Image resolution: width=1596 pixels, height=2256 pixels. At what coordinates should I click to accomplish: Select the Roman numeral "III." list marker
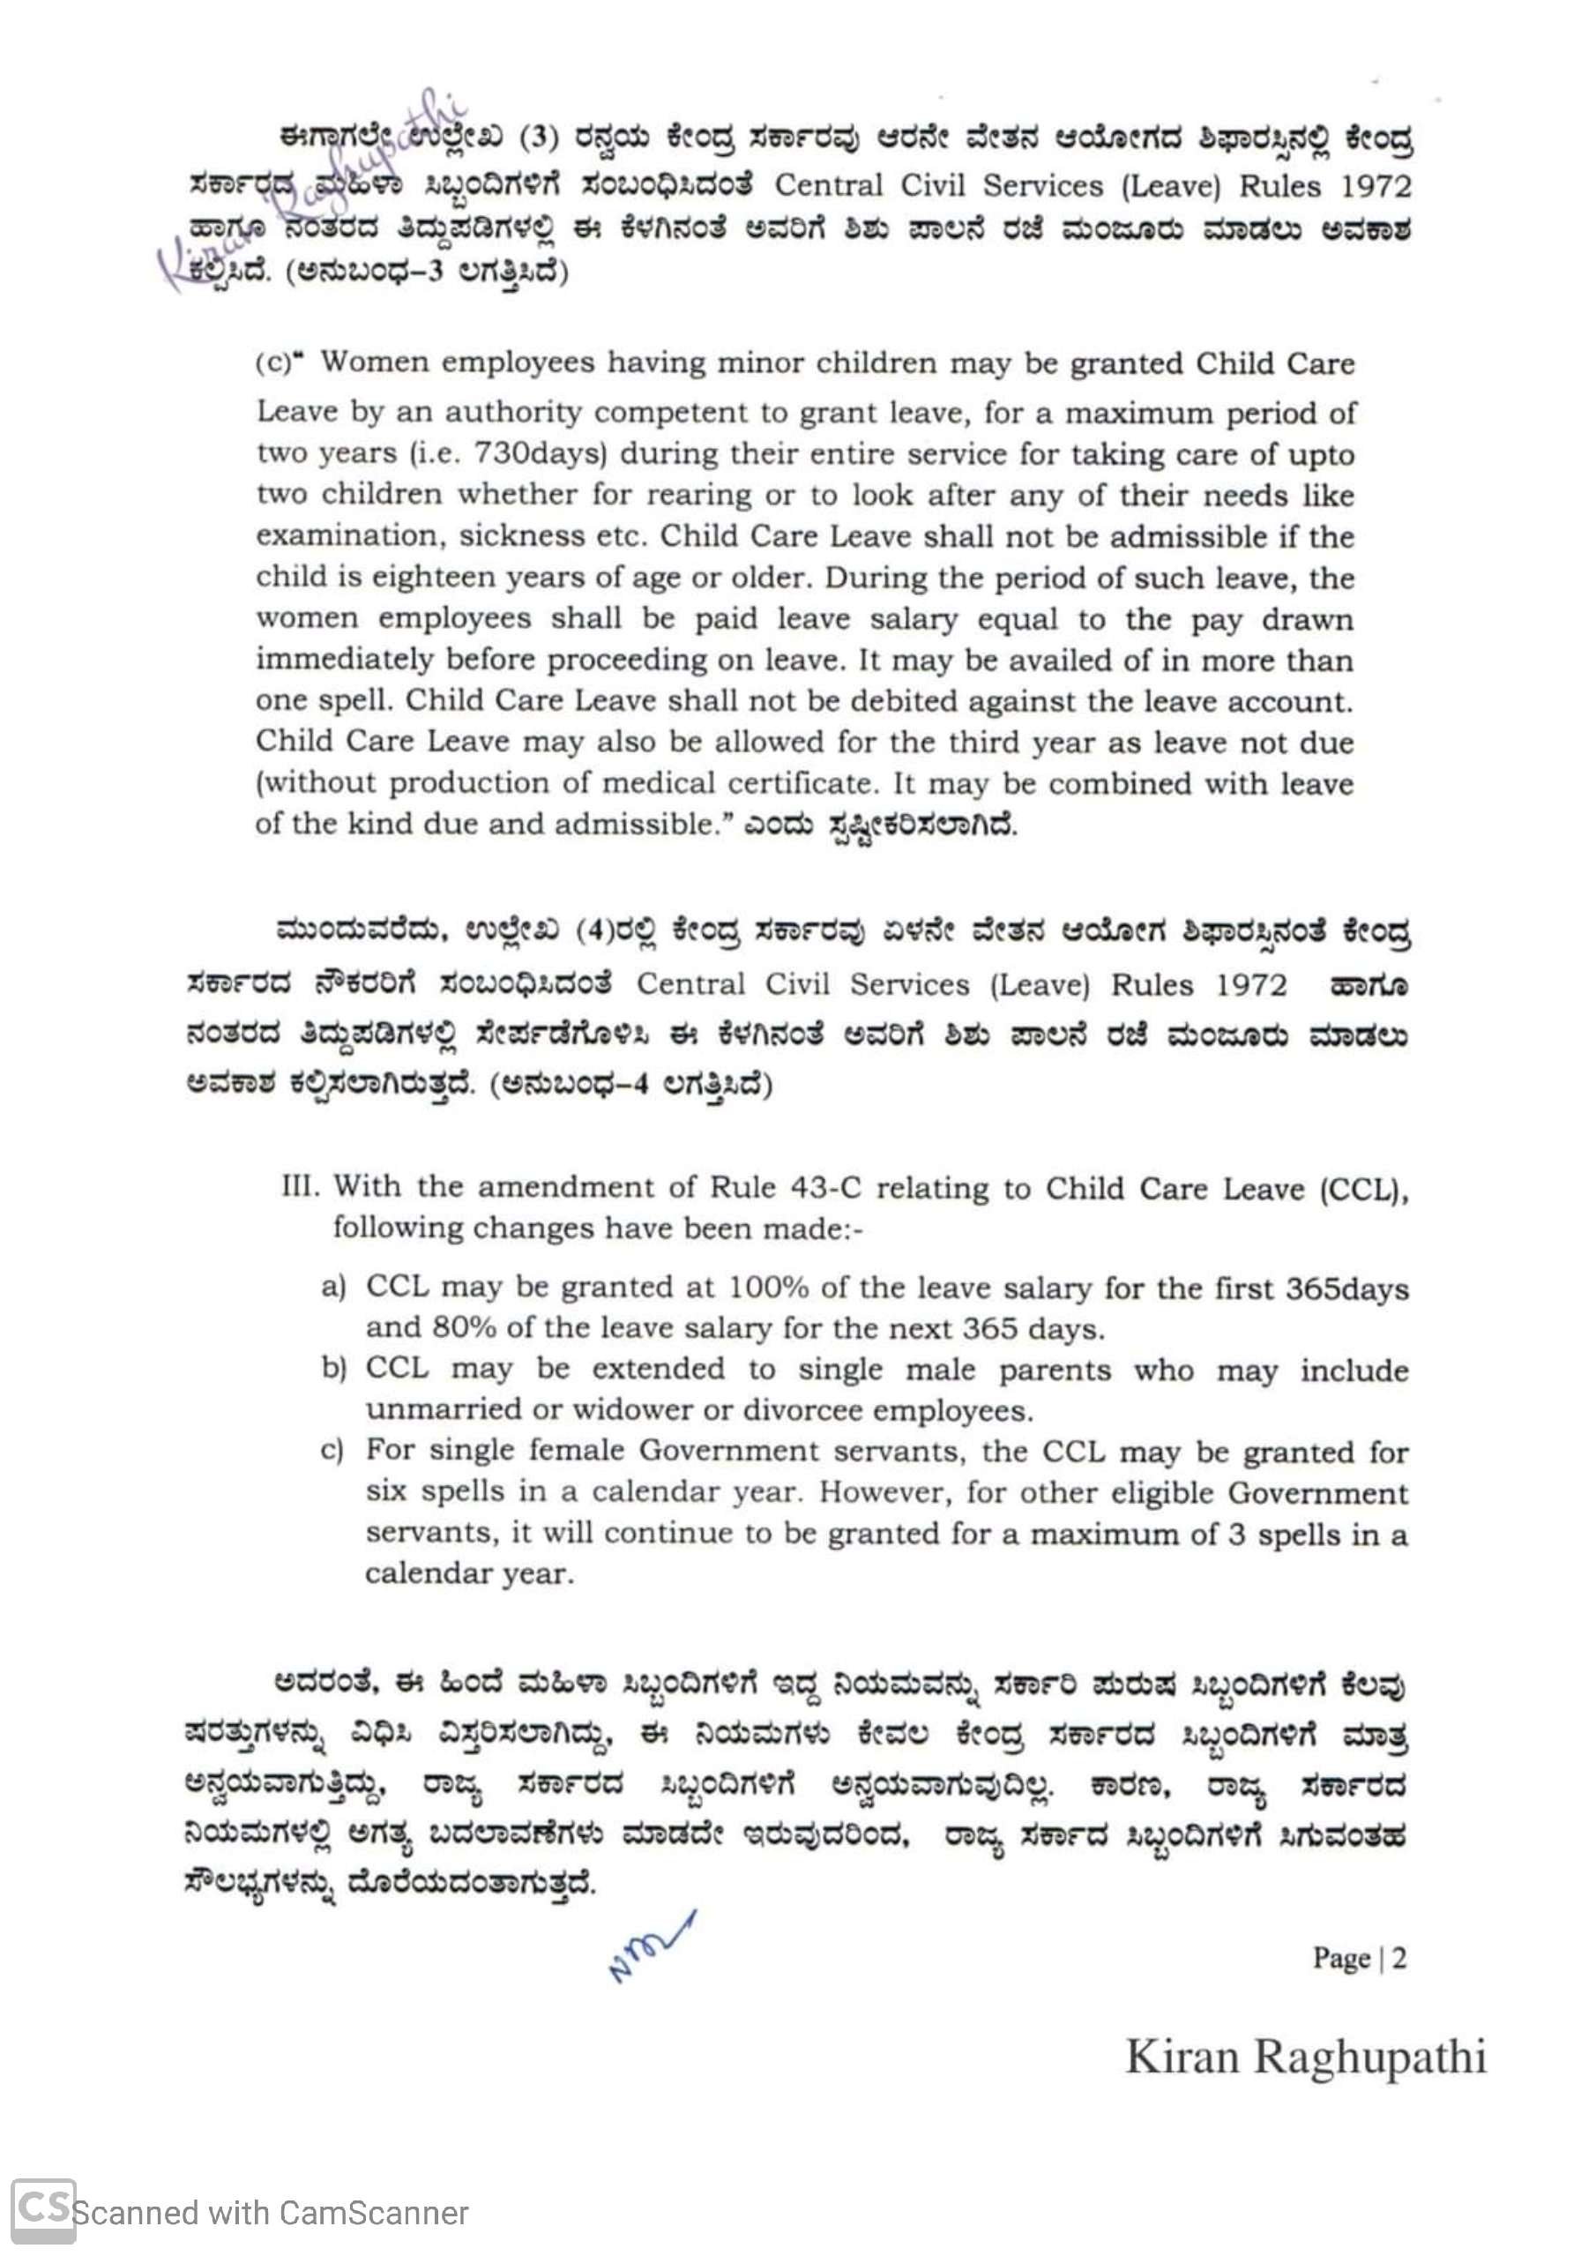(301, 1186)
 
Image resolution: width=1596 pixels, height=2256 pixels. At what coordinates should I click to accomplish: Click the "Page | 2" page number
(1359, 1957)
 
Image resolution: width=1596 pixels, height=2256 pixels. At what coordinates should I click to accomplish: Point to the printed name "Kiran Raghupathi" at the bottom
(1305, 2058)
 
